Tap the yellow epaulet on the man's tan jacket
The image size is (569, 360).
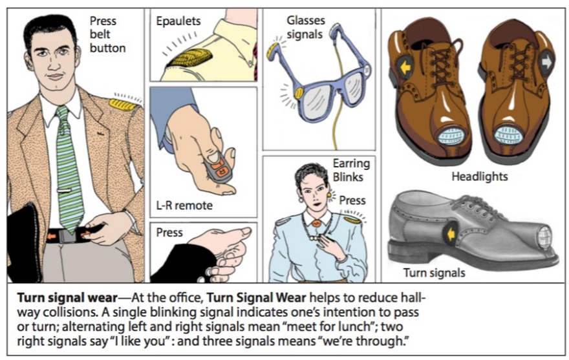tap(123, 103)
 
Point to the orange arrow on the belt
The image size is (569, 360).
tap(51, 236)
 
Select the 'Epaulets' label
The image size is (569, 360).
tap(178, 21)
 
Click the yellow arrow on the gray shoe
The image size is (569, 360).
tap(449, 233)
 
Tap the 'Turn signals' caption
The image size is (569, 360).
tap(434, 273)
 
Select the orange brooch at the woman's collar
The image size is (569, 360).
tap(316, 223)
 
